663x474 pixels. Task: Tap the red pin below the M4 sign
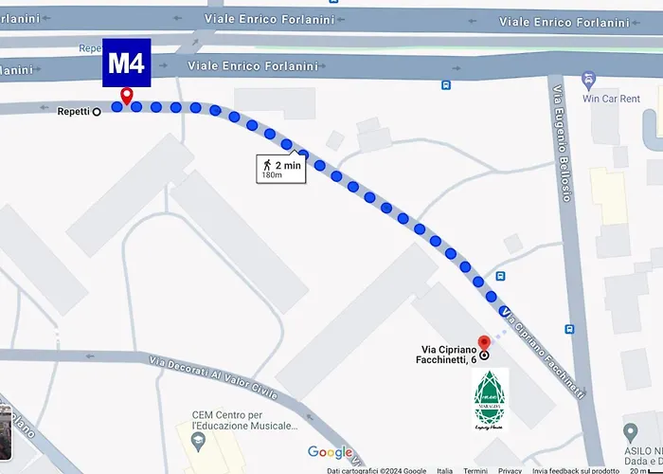126,96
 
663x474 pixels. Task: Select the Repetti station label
73,111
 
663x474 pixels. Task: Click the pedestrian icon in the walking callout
267,165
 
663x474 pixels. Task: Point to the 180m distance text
272,175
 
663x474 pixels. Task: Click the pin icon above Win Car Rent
588,81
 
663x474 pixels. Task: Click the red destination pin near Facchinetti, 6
484,343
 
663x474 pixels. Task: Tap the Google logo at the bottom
330,452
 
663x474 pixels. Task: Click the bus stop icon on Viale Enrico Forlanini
445,84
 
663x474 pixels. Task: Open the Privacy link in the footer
511,470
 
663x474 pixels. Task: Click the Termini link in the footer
475,470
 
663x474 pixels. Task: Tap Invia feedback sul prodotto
576,470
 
